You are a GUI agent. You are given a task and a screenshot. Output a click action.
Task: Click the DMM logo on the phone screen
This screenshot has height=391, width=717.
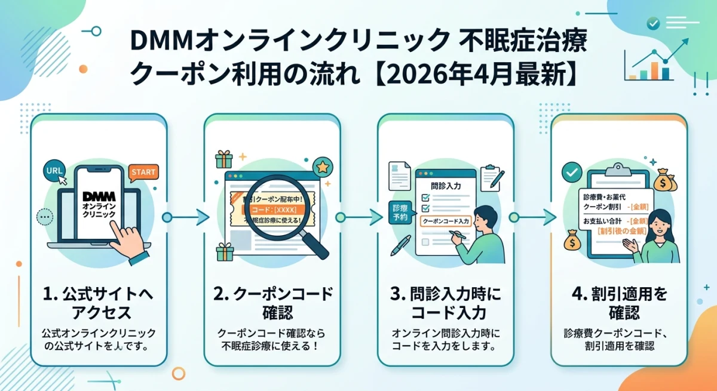pos(96,196)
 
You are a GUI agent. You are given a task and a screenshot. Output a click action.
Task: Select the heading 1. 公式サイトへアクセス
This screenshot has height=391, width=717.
pos(99,303)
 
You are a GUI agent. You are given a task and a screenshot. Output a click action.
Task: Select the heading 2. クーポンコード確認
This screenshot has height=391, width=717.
pos(272,303)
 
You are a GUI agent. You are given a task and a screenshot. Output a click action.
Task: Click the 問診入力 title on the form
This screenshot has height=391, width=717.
pos(445,187)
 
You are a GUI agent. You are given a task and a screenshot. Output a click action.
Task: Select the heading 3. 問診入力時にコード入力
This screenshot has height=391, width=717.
pos(446,303)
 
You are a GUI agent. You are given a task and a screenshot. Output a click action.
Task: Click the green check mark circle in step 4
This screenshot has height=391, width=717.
pos(572,173)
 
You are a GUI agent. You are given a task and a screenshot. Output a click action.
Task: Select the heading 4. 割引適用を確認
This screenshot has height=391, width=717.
pos(619,303)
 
